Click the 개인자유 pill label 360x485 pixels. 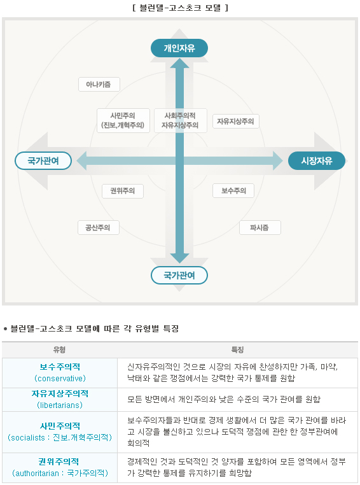179,48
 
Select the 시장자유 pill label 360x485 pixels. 316,160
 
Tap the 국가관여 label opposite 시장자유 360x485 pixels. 43,160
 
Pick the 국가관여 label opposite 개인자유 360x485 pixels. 179,275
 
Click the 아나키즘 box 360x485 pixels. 99,85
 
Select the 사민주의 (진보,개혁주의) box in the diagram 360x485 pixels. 123,120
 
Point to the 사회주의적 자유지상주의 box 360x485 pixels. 180,120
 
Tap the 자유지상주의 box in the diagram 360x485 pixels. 235,121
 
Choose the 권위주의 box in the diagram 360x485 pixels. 123,190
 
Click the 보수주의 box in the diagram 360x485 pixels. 233,190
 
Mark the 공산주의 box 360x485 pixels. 98,227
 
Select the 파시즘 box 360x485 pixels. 260,227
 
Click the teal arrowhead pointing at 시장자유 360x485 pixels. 278,160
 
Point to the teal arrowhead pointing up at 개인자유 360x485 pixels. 179,63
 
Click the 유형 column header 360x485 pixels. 59,350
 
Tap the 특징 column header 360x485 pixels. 237,350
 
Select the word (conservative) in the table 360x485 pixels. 60,378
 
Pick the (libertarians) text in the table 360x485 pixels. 60,405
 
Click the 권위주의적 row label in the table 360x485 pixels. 59,461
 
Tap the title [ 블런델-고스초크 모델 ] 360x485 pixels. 180,8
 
